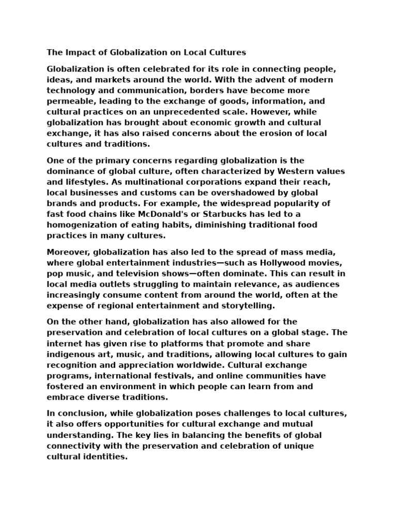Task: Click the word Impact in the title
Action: (x=78, y=52)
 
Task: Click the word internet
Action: (x=65, y=343)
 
